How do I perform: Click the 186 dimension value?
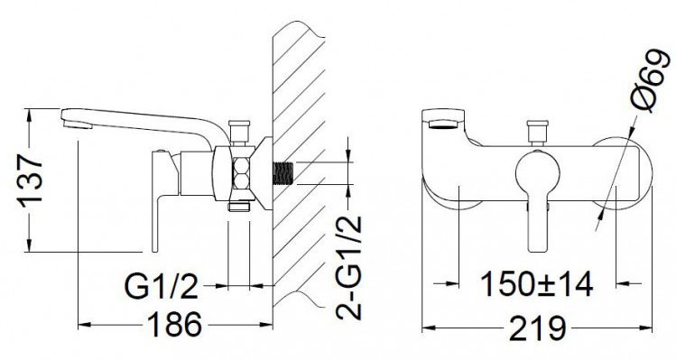point(174,325)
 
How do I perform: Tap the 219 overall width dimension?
point(537,328)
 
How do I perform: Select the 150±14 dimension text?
point(537,284)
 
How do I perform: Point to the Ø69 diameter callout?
point(651,81)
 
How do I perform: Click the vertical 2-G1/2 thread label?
point(348,268)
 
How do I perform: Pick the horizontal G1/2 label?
point(162,287)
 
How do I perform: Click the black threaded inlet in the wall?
point(282,174)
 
